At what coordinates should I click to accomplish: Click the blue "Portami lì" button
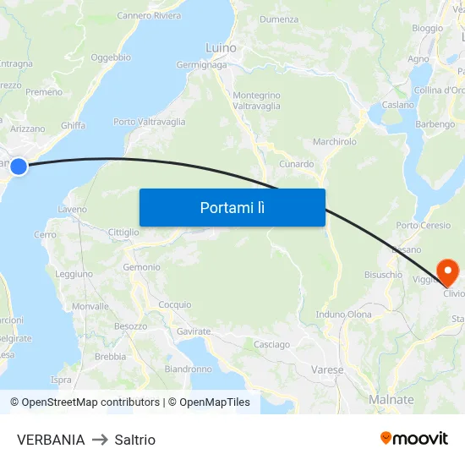pyautogui.click(x=232, y=207)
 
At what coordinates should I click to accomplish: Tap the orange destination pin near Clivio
pyautogui.click(x=446, y=271)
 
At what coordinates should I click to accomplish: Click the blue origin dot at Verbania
pyautogui.click(x=18, y=167)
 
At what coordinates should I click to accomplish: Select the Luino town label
pyautogui.click(x=221, y=48)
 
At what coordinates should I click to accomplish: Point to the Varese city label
pyautogui.click(x=327, y=369)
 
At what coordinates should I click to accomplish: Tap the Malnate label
pyautogui.click(x=391, y=400)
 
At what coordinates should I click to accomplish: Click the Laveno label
pyautogui.click(x=73, y=209)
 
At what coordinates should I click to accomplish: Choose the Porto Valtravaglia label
pyautogui.click(x=149, y=122)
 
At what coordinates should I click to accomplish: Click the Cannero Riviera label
pyautogui.click(x=149, y=16)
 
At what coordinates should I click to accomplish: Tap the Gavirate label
pyautogui.click(x=194, y=331)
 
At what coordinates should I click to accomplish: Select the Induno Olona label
pyautogui.click(x=343, y=315)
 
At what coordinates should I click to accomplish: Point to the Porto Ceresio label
pyautogui.click(x=424, y=226)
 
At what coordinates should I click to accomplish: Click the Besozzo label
pyautogui.click(x=131, y=325)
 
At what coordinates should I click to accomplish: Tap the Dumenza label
pyautogui.click(x=279, y=19)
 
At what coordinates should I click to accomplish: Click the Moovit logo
pyautogui.click(x=414, y=438)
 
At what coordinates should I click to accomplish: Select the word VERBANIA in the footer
pyautogui.click(x=51, y=440)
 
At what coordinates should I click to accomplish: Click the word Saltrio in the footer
pyautogui.click(x=135, y=440)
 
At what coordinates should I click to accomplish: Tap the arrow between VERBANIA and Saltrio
pyautogui.click(x=100, y=440)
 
